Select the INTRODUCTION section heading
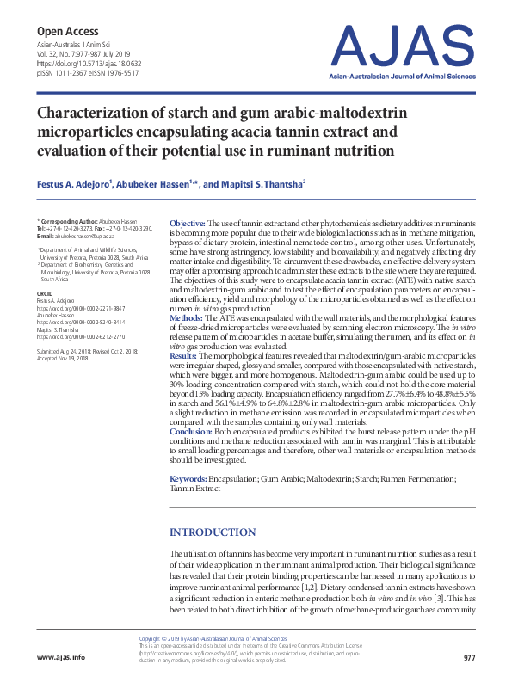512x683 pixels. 213,532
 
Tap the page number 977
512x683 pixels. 469,658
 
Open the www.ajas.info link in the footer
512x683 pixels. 61,658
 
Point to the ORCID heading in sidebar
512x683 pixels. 45,293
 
